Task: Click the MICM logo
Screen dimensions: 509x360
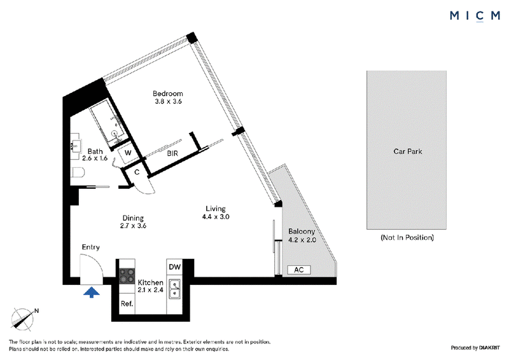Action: coord(475,16)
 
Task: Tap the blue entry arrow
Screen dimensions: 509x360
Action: coord(92,292)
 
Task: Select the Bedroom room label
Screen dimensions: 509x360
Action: coord(168,93)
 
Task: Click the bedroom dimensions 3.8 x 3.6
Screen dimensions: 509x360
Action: coord(168,101)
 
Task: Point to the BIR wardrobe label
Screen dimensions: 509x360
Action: coord(172,153)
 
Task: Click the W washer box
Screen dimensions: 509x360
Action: coord(128,153)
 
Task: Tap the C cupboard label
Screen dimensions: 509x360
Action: coord(137,172)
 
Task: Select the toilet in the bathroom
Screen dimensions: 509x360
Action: coord(78,173)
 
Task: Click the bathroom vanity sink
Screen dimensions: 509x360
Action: coord(76,146)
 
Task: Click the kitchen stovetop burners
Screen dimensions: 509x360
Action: coord(127,275)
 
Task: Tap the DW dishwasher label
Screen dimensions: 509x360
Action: coord(174,267)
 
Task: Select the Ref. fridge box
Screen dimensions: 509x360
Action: coord(127,304)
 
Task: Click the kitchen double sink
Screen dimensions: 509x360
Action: coord(174,289)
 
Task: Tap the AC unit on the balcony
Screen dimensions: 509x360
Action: coord(299,270)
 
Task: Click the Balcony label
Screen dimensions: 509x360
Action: coord(302,232)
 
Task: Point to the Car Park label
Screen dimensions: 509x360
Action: coord(408,151)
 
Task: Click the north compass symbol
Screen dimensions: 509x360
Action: coord(23,319)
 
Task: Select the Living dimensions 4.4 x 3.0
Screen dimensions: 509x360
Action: coord(216,216)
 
